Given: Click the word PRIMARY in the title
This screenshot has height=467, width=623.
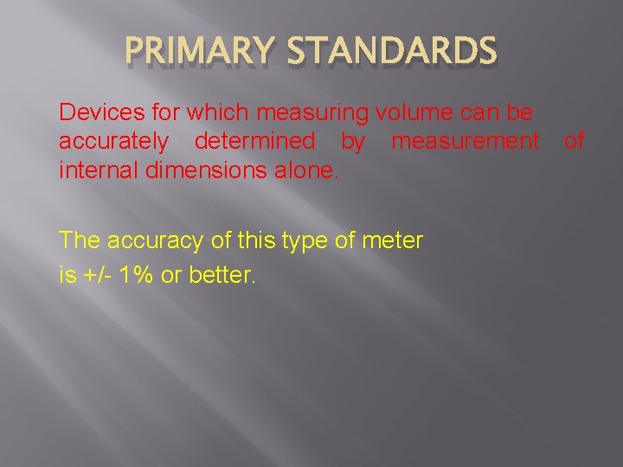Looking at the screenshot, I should (197, 52).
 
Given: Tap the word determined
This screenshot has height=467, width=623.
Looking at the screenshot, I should (254, 140).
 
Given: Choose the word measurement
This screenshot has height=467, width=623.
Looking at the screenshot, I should (465, 140).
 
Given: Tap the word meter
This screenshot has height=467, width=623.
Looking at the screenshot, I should (393, 240).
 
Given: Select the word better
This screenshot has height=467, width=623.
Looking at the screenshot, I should (223, 277).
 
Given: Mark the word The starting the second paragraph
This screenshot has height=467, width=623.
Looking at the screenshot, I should (79, 240).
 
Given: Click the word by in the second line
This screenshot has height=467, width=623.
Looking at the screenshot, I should (353, 140).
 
